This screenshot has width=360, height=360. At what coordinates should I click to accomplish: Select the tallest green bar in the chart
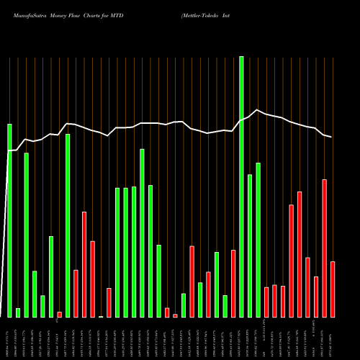coord(241,186)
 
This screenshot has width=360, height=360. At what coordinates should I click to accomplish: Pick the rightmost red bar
coord(333,289)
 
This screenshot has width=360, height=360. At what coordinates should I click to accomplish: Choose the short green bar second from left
coord(18,312)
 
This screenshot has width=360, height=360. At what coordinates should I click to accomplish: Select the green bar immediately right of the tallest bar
coord(250,246)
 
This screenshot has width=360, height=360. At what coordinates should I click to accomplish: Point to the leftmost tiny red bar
coord(60,314)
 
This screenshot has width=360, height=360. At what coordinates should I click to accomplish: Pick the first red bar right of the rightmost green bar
coord(266,302)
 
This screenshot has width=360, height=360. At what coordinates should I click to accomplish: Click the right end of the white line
coord(332,137)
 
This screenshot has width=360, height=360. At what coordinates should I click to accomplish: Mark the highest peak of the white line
coord(257,109)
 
